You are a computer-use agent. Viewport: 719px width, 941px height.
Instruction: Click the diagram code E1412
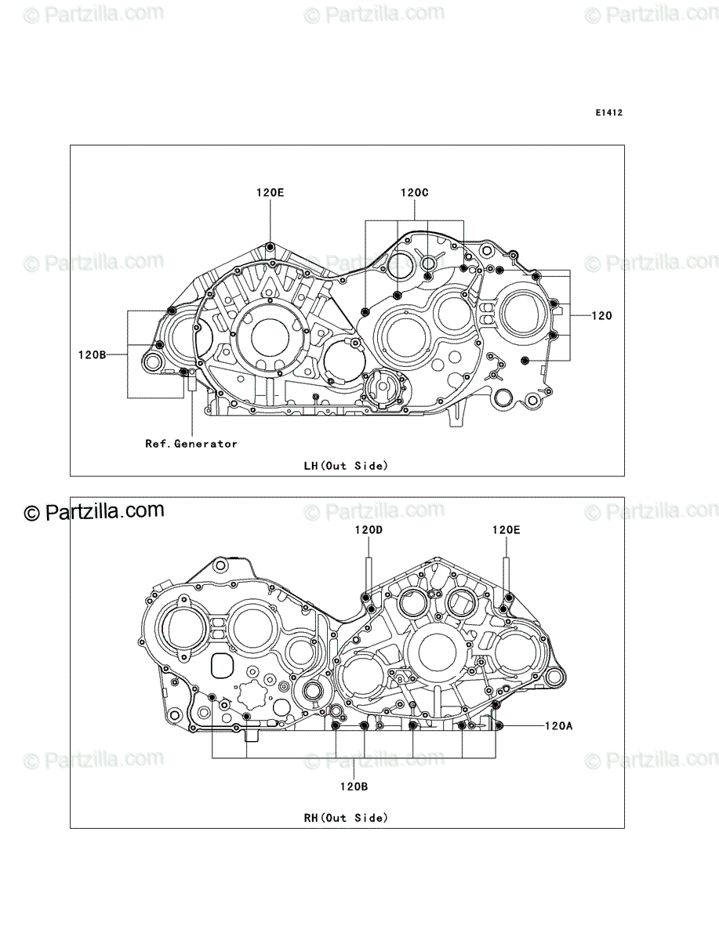point(609,113)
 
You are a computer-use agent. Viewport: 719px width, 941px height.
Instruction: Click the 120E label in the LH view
point(270,192)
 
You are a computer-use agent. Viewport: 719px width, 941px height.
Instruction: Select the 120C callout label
point(414,192)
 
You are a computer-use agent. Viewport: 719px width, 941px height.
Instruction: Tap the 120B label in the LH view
point(92,355)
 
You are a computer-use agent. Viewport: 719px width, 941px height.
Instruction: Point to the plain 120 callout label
point(601,315)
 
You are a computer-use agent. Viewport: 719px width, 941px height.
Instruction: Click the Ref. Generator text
point(191,444)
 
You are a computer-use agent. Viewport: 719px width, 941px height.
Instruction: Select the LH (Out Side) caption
point(346,466)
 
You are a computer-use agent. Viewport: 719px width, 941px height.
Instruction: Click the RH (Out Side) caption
point(346,818)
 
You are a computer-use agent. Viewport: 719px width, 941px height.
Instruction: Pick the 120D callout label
point(369,530)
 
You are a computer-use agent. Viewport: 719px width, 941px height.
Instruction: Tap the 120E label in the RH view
point(506,530)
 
